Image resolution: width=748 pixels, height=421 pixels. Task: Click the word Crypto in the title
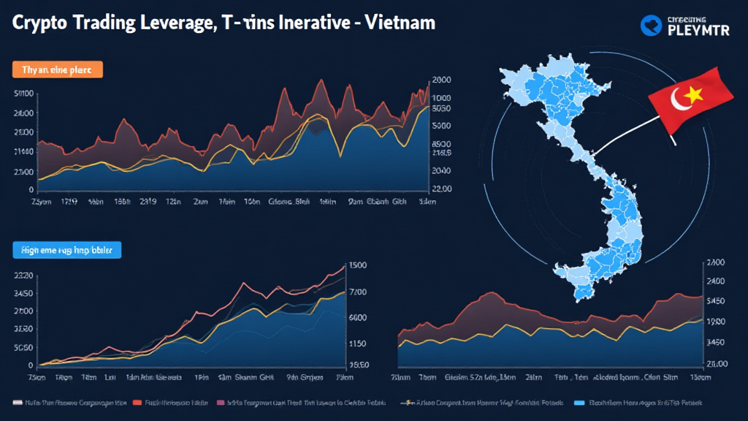tap(43, 23)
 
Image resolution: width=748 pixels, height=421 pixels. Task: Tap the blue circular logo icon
tap(651, 26)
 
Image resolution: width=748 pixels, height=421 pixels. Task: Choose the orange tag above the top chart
tap(58, 69)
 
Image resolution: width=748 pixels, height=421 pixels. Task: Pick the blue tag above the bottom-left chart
tap(66, 250)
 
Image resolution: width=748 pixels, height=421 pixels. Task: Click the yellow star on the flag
tap(692, 94)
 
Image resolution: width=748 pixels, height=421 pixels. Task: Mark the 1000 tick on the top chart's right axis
tap(442, 98)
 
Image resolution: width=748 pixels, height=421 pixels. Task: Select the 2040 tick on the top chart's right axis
tap(442, 170)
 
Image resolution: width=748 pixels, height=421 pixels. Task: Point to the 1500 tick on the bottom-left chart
tap(358, 266)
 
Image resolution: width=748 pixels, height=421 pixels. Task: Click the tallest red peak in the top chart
tap(322, 80)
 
